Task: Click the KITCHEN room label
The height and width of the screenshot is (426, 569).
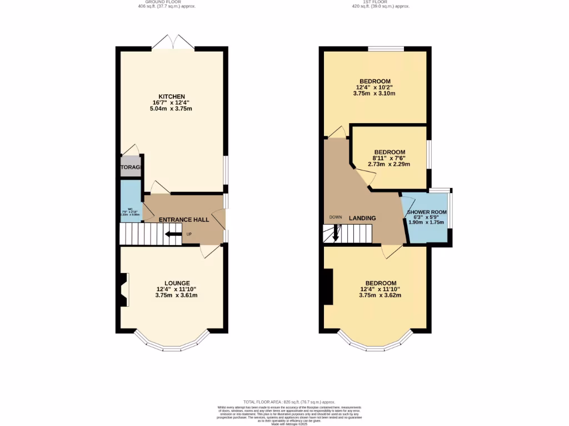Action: [x=171, y=97]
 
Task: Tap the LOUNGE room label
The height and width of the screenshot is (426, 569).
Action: [x=177, y=283]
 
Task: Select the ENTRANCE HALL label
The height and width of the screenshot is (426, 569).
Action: [x=184, y=220]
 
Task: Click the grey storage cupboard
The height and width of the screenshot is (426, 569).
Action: [x=131, y=167]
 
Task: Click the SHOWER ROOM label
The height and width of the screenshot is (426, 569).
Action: [x=427, y=212]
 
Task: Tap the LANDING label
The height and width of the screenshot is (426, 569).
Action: [x=362, y=219]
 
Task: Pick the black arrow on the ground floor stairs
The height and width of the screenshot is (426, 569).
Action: [x=174, y=234]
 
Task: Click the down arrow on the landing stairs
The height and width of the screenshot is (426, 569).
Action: [x=336, y=234]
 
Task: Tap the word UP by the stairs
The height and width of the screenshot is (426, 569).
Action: [x=189, y=234]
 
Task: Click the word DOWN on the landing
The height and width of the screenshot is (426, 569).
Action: [x=336, y=217]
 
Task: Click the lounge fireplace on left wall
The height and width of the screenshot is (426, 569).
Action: [x=123, y=288]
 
